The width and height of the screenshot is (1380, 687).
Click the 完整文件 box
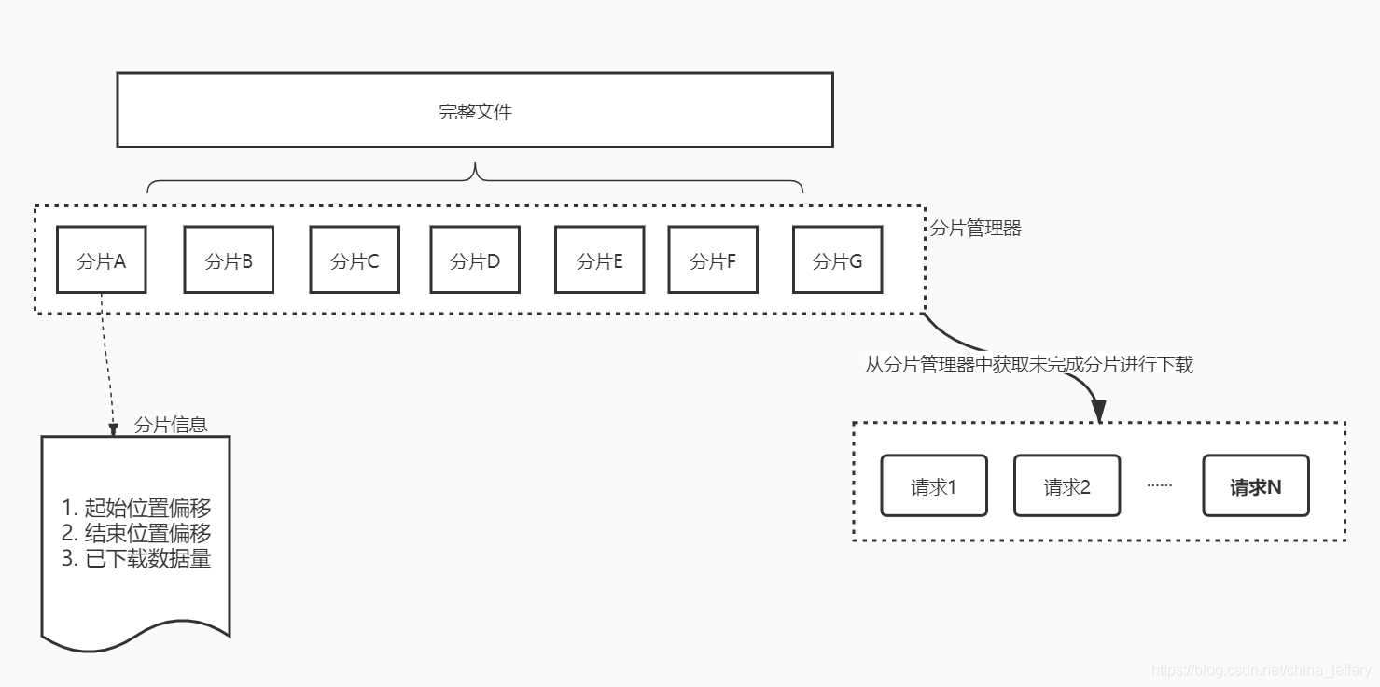474,110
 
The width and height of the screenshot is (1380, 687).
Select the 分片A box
101,259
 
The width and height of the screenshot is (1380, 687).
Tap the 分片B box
229,259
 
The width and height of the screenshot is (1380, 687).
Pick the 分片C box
355,259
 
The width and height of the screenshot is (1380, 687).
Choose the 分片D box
475,259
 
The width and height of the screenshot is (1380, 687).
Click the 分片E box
599,259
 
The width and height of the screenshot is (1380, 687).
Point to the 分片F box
713,259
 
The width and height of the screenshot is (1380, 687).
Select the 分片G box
837,259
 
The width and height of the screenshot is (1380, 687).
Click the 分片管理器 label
976,228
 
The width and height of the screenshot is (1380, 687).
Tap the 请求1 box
934,485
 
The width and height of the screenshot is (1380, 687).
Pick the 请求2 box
1066,485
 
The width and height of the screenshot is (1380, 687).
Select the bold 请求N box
1255,485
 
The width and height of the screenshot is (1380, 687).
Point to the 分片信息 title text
171,425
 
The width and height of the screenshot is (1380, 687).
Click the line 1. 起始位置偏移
136,508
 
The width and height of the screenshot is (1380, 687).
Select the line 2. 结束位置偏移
136,533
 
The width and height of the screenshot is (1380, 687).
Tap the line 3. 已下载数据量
136,558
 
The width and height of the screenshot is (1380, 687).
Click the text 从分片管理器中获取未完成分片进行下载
1029,364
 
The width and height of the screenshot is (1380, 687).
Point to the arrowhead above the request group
1098,411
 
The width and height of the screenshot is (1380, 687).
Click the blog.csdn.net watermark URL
1262,670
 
